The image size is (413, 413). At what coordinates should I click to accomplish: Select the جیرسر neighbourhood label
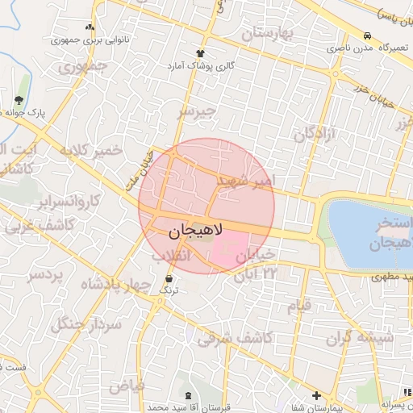tap(198, 112)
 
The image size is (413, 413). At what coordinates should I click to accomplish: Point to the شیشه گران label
tap(361, 338)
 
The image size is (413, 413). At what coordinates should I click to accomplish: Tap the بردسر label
tap(45, 275)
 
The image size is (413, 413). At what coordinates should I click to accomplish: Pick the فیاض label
tap(127, 385)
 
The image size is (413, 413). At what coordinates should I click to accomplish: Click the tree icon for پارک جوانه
tap(19, 100)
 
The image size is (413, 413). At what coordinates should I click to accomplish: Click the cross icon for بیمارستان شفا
tap(317, 396)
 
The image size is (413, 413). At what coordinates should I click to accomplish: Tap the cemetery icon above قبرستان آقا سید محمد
tap(189, 395)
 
